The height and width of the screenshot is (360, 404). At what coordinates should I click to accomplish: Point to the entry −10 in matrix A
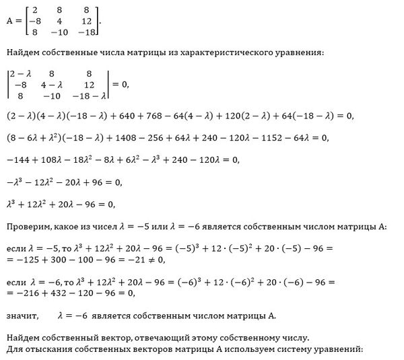[60, 32]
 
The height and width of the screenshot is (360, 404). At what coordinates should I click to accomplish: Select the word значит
[20, 315]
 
